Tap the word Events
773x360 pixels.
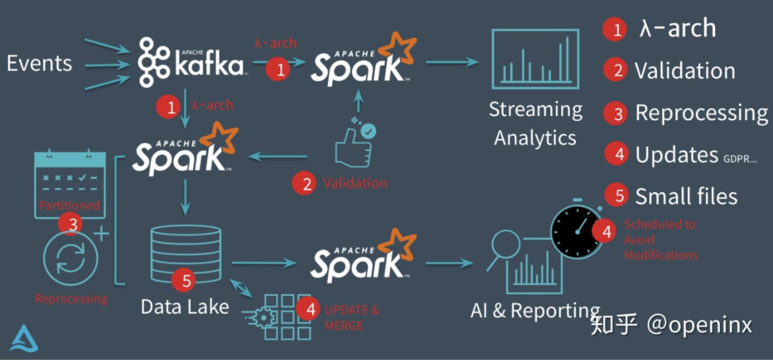pyautogui.click(x=39, y=63)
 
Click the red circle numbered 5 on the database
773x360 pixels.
pyautogui.click(x=187, y=280)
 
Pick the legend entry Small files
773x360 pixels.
pyautogui.click(x=686, y=196)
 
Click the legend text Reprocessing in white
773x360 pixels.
pyautogui.click(x=701, y=113)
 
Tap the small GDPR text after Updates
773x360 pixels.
pyautogui.click(x=742, y=158)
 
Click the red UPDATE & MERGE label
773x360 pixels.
pyautogui.click(x=352, y=318)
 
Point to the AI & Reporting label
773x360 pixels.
pyautogui.click(x=535, y=311)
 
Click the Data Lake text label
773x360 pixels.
pyautogui.click(x=185, y=306)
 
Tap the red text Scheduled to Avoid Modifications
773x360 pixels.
pyautogui.click(x=660, y=239)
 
